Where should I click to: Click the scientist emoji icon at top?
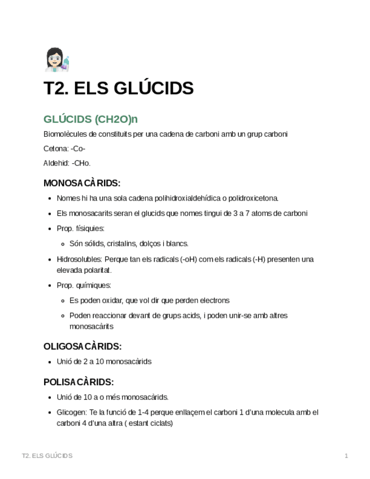[x=56, y=60]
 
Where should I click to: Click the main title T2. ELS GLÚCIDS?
[x=119, y=88]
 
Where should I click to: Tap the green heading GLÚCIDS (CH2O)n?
[x=90, y=119]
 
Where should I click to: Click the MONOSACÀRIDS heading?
[x=82, y=183]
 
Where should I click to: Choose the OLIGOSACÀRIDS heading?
[x=82, y=346]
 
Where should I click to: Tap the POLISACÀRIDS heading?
[x=79, y=382]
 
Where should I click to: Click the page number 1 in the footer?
[x=346, y=456]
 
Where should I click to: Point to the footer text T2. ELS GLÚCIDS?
[x=47, y=456]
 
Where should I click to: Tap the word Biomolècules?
[x=66, y=134]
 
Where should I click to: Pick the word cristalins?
[x=120, y=244]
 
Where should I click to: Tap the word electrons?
[x=214, y=301]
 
